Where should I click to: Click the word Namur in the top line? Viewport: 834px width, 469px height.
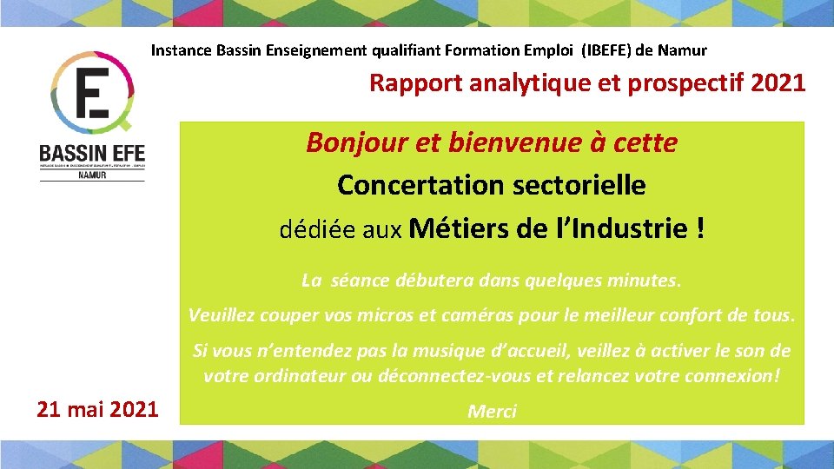[682, 50]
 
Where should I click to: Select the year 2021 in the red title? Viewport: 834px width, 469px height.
[778, 83]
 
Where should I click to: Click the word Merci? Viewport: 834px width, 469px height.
[492, 412]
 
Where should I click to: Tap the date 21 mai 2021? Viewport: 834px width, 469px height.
[97, 408]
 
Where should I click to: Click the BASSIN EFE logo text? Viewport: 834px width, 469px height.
[92, 153]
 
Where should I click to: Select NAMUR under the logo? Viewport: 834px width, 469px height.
[92, 175]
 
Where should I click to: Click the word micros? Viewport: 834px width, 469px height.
[385, 315]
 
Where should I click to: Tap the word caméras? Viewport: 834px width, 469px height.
[470, 315]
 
